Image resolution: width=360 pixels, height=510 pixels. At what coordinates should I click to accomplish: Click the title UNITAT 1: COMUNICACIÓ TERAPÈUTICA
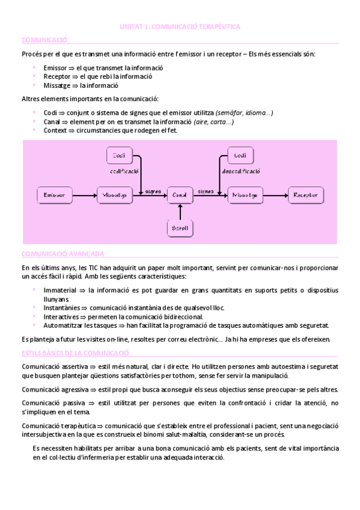tap(180, 27)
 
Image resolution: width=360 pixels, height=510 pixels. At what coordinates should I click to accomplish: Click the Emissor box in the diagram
tap(54, 194)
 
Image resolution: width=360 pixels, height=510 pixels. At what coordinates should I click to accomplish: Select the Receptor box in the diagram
tap(306, 194)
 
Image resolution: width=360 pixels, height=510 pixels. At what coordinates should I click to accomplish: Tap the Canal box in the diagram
tap(180, 194)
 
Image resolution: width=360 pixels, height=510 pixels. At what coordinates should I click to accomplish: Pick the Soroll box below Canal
tap(180, 228)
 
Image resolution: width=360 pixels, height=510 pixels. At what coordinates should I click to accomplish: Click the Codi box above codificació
tap(119, 156)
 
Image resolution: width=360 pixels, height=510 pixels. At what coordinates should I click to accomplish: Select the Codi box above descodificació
tap(240, 156)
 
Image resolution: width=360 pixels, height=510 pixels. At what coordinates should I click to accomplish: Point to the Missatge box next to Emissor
tap(114, 194)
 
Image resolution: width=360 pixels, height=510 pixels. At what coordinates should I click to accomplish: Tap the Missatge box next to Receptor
tap(245, 194)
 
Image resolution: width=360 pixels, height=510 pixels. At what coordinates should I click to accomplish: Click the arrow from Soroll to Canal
tap(180, 211)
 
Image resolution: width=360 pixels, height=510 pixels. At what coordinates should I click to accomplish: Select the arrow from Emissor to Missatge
tap(84, 194)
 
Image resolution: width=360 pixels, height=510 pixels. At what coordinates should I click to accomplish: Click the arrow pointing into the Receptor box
tap(275, 194)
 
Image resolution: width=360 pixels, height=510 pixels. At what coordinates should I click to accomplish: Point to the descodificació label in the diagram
tap(240, 171)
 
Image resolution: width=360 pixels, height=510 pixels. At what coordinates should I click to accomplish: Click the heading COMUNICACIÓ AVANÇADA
tap(63, 254)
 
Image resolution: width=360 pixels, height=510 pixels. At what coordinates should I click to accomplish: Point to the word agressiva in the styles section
tap(76, 389)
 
